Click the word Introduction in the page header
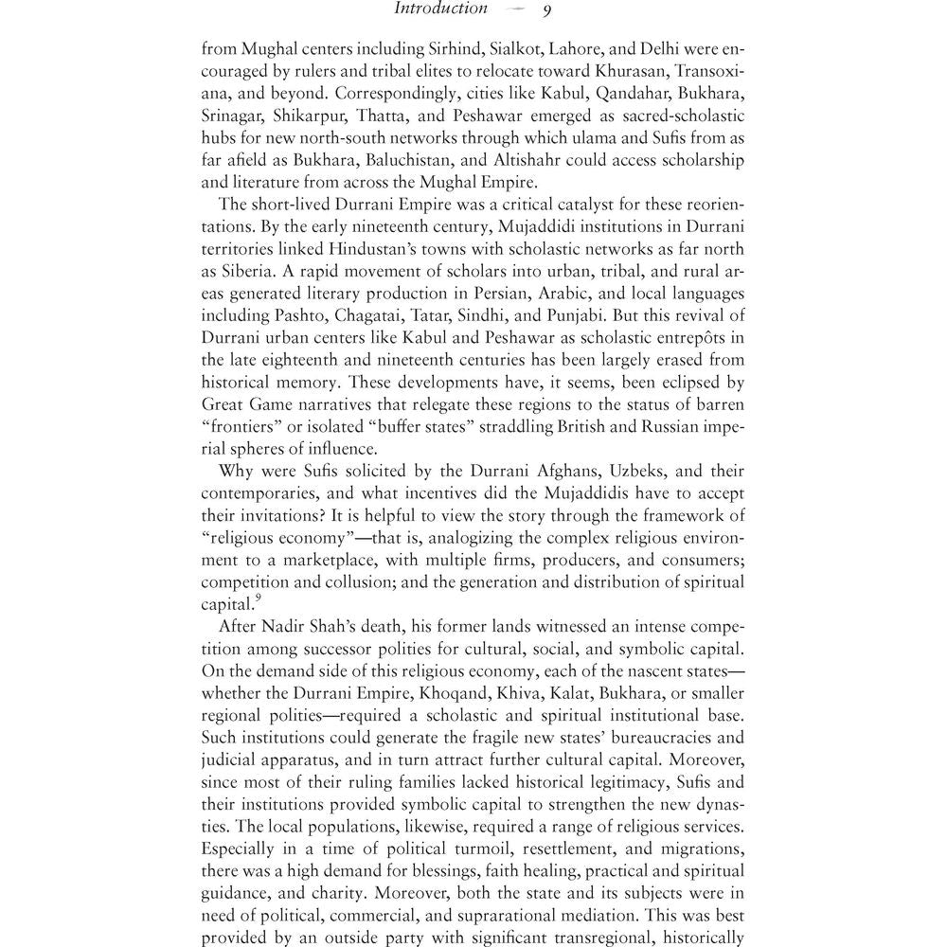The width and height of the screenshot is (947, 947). [439, 9]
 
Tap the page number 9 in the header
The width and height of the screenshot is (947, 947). [547, 11]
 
